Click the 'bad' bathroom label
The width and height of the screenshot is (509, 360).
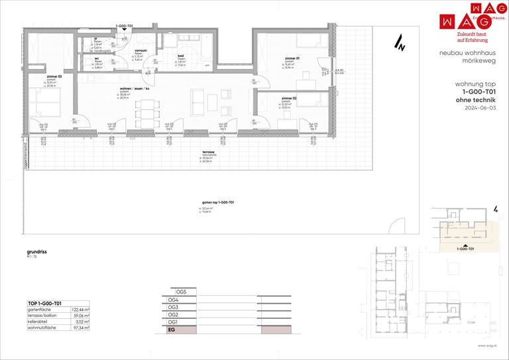180,56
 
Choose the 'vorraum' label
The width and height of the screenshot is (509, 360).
141,50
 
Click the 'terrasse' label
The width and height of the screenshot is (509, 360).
208,152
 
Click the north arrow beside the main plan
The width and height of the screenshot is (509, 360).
400,43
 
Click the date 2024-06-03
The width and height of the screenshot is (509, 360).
479,107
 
